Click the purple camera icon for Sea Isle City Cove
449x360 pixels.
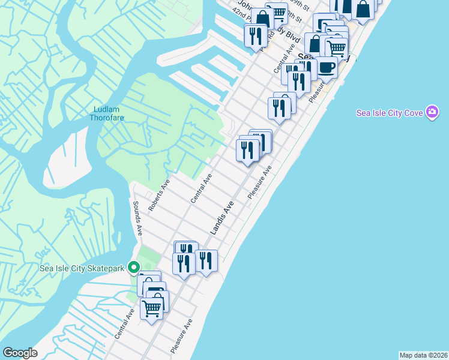pos(432,112)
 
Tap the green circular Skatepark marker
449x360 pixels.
pos(134,268)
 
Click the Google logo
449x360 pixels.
pos(19,353)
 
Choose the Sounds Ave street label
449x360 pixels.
pos(137,217)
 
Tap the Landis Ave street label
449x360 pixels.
pos(221,218)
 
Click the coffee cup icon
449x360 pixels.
pos(327,67)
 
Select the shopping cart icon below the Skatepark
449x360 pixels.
pos(151,309)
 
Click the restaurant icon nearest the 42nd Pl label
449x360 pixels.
pos(256,35)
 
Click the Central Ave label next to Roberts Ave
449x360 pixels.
pos(202,188)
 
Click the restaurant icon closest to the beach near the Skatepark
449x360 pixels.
pos(206,260)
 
